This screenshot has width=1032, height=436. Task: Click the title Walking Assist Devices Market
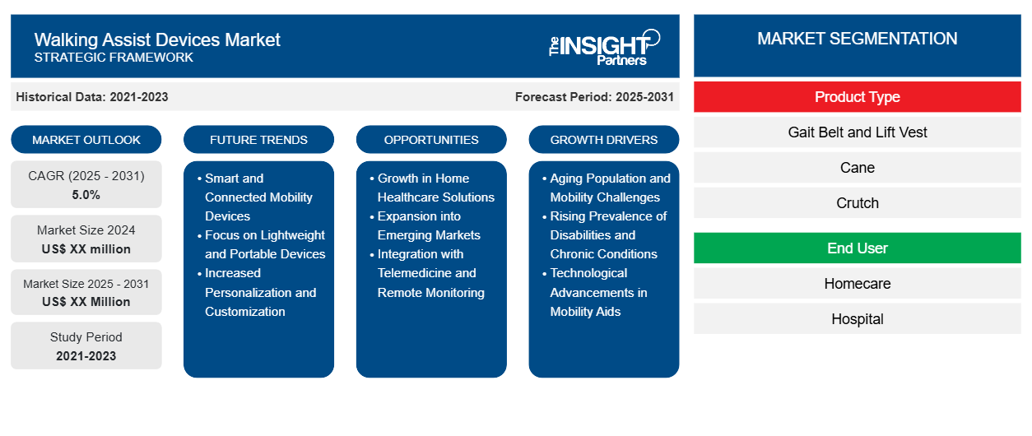pos(157,39)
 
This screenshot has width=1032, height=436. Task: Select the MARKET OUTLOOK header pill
pos(86,140)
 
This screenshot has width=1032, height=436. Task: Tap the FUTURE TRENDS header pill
pos(258,140)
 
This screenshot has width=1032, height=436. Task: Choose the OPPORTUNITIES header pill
pos(431,140)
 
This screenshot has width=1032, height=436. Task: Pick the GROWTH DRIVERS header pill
pos(604,140)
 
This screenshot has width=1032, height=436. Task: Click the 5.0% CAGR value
pos(86,195)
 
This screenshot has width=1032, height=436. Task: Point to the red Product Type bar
pos(857,97)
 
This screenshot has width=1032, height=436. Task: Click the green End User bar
pos(857,248)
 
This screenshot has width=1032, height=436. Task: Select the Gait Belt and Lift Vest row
pos(857,132)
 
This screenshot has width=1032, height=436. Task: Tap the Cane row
pos(857,168)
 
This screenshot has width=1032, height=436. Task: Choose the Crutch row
pos(857,203)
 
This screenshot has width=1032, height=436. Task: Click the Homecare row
pos(857,284)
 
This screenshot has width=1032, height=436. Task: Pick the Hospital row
pos(857,319)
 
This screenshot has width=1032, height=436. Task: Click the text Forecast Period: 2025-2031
pos(594,97)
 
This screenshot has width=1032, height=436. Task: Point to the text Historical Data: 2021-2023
pos(92,97)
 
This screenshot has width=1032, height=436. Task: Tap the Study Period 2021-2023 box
pos(86,346)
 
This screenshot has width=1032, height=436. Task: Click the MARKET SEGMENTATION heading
pos(857,39)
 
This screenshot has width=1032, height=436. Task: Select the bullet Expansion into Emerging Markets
pos(429,225)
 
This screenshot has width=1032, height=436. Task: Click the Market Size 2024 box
pos(86,239)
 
